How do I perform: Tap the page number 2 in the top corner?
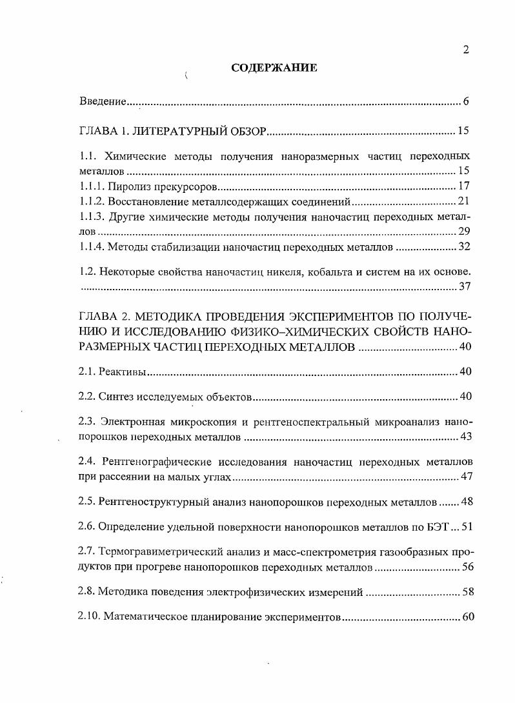pos(465,52)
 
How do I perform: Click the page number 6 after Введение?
pos(465,101)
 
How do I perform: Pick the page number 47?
pos(466,477)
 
